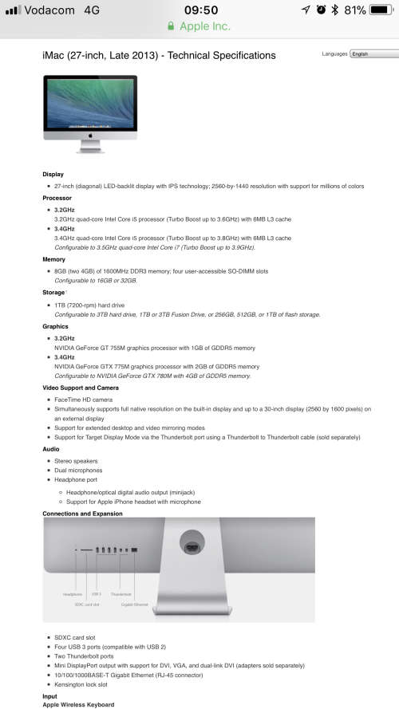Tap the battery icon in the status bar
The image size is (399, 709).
click(x=383, y=10)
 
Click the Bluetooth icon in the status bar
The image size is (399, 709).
click(x=336, y=10)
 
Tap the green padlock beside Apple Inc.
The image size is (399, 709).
click(x=171, y=26)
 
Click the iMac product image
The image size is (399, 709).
click(x=90, y=114)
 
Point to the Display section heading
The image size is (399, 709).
click(x=53, y=174)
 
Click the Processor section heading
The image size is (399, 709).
click(x=57, y=198)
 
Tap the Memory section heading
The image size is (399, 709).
click(x=55, y=259)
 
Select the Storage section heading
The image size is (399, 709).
click(x=54, y=293)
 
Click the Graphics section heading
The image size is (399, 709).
click(x=56, y=326)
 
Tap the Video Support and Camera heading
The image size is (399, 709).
click(x=81, y=388)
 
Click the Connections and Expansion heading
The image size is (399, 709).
click(x=82, y=514)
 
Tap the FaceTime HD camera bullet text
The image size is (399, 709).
click(x=85, y=399)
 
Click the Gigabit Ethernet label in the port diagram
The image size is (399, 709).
click(x=135, y=605)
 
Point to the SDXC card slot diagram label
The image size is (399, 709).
click(x=87, y=605)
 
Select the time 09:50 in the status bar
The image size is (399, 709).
click(x=200, y=10)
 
